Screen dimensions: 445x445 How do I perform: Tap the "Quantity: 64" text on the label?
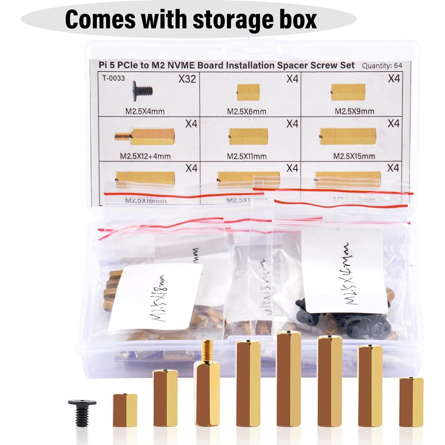pyautogui.click(x=382, y=66)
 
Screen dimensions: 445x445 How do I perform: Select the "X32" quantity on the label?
pyautogui.click(x=187, y=79)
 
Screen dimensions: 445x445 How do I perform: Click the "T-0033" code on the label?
pyautogui.click(x=113, y=78)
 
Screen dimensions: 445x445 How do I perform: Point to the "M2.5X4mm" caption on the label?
pyautogui.click(x=145, y=111)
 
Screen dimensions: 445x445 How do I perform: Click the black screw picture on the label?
pyautogui.click(x=142, y=89)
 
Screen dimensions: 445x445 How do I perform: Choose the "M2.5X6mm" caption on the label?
pyautogui.click(x=247, y=111)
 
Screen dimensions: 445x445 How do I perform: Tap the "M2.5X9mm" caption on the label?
pyautogui.click(x=354, y=111)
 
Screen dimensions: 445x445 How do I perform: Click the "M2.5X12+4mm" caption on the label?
pyautogui.click(x=145, y=156)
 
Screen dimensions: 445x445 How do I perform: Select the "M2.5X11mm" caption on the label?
pyautogui.click(x=247, y=156)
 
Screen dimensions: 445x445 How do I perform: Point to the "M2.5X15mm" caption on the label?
pyautogui.click(x=354, y=156)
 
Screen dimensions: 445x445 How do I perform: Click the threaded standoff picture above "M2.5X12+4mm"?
pyautogui.click(x=145, y=136)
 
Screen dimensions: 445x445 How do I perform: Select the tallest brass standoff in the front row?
pyautogui.click(x=288, y=378)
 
